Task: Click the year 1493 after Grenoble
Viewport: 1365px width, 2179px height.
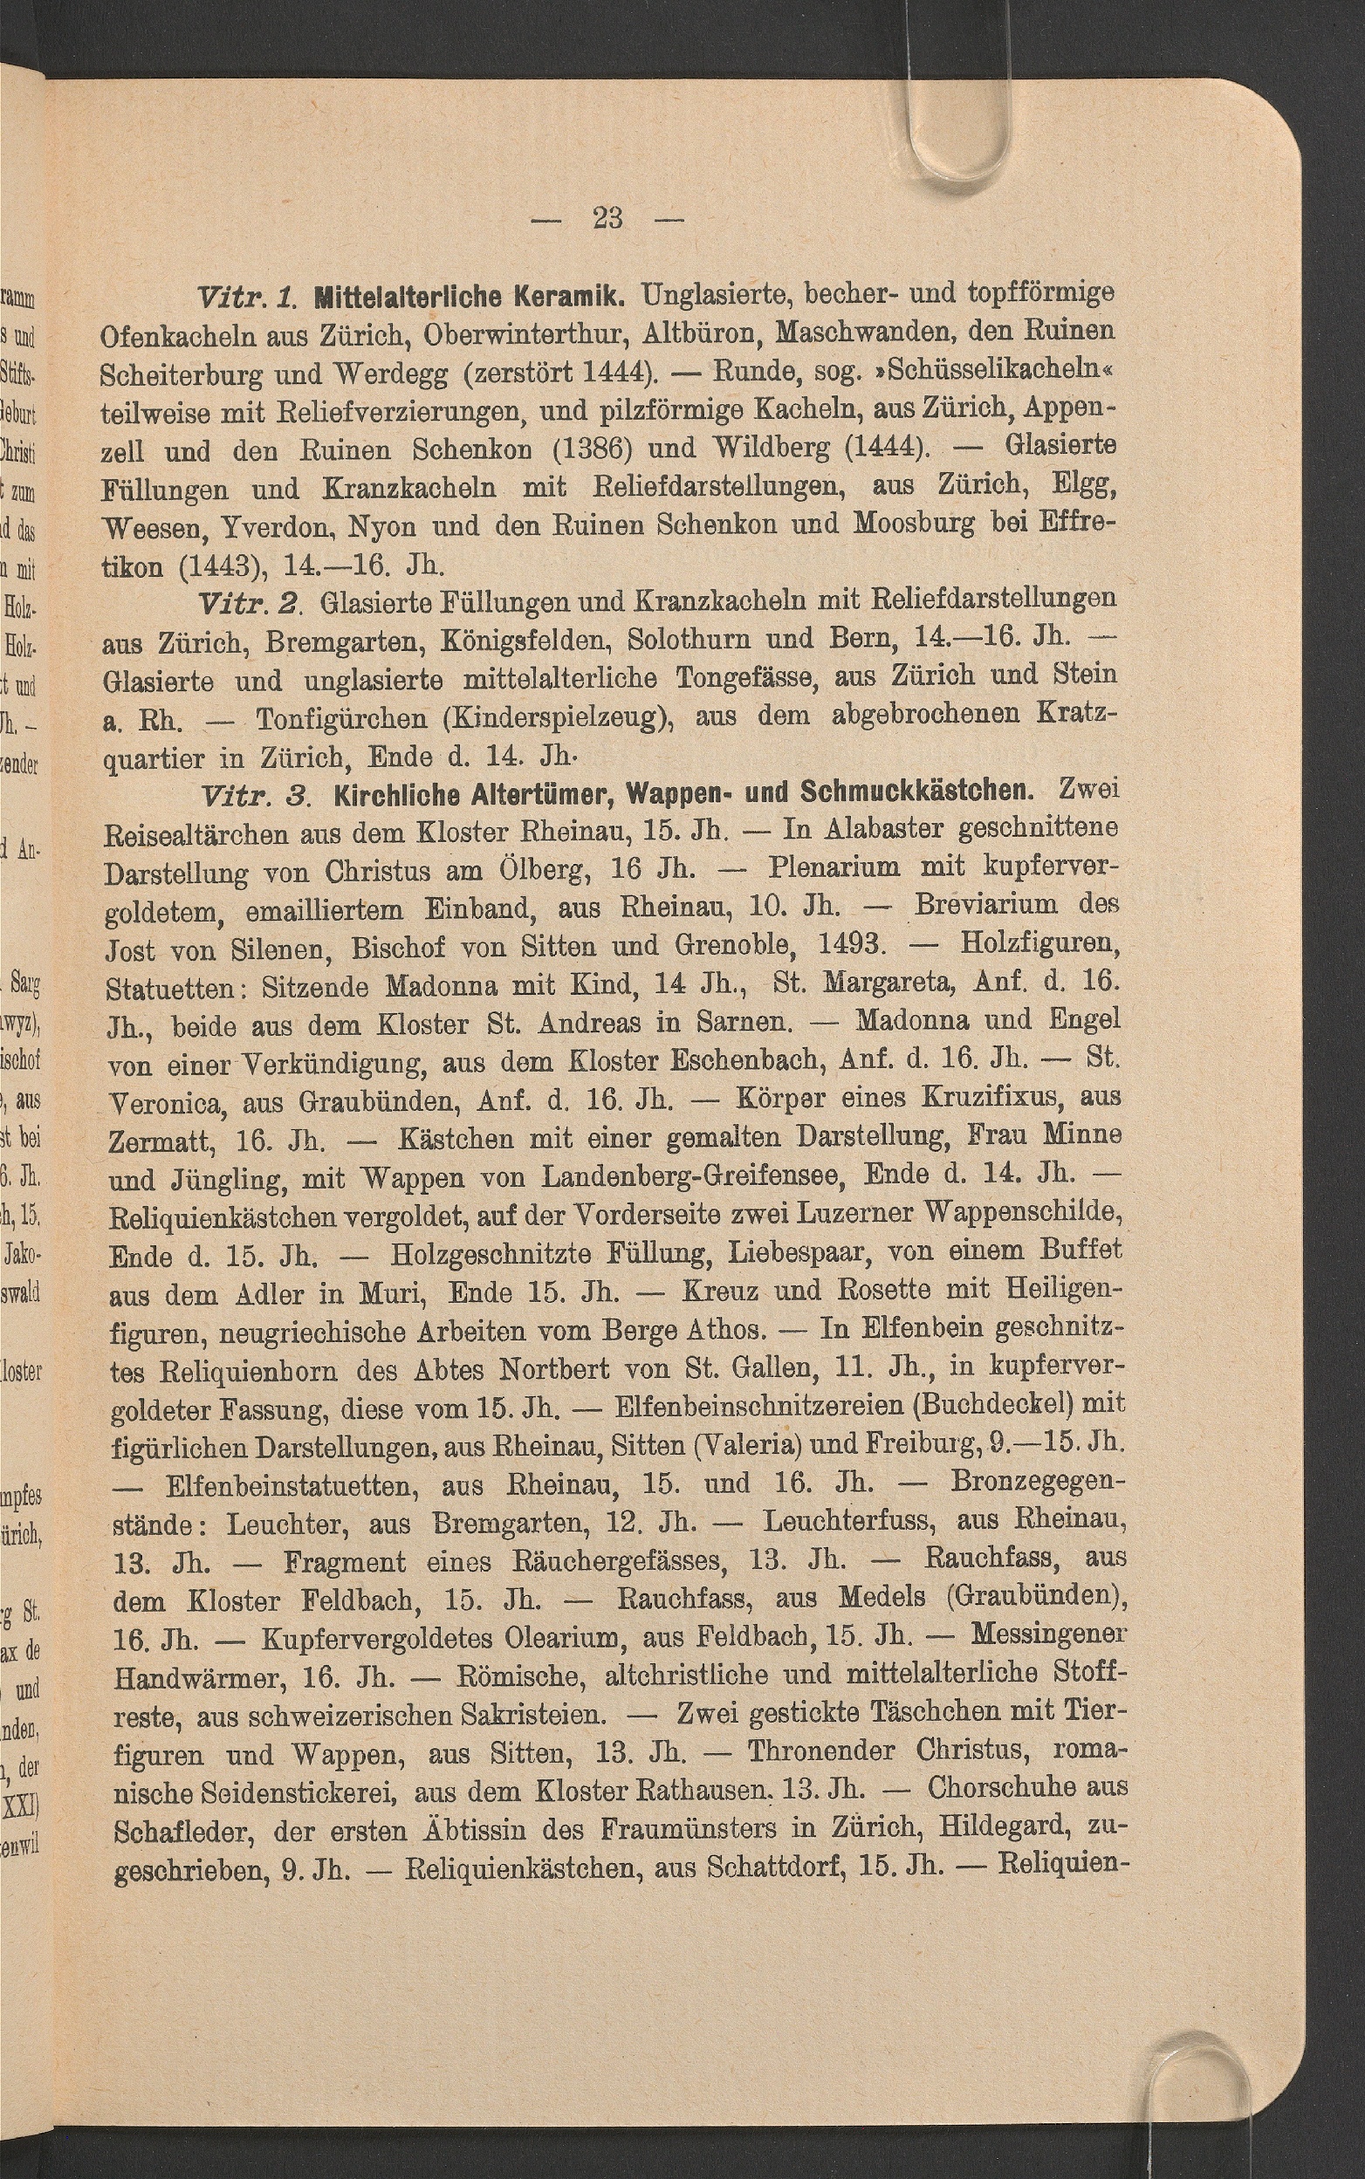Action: (x=848, y=946)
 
